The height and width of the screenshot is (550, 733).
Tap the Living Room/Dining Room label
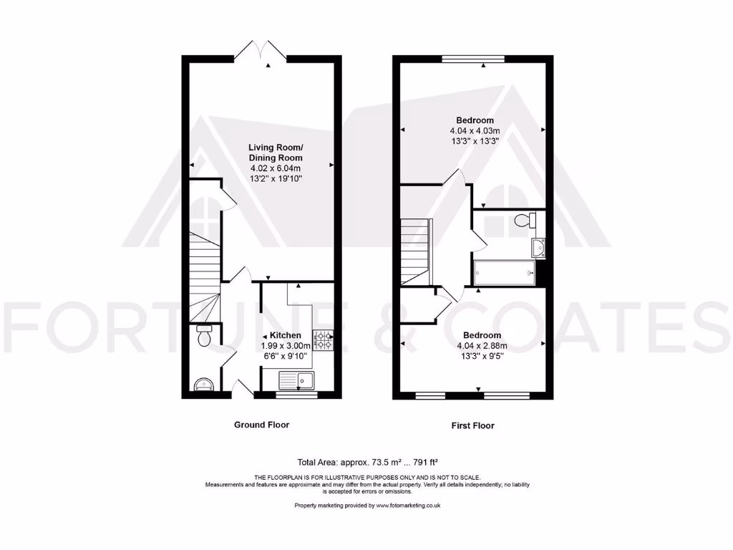click(276, 153)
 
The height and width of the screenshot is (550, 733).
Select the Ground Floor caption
click(262, 425)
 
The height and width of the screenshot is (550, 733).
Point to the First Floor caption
click(472, 425)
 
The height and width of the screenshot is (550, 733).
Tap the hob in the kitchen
click(324, 340)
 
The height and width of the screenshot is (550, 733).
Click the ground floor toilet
click(203, 337)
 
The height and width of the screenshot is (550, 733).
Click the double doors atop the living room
click(261, 52)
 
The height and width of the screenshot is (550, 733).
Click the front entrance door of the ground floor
click(241, 390)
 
